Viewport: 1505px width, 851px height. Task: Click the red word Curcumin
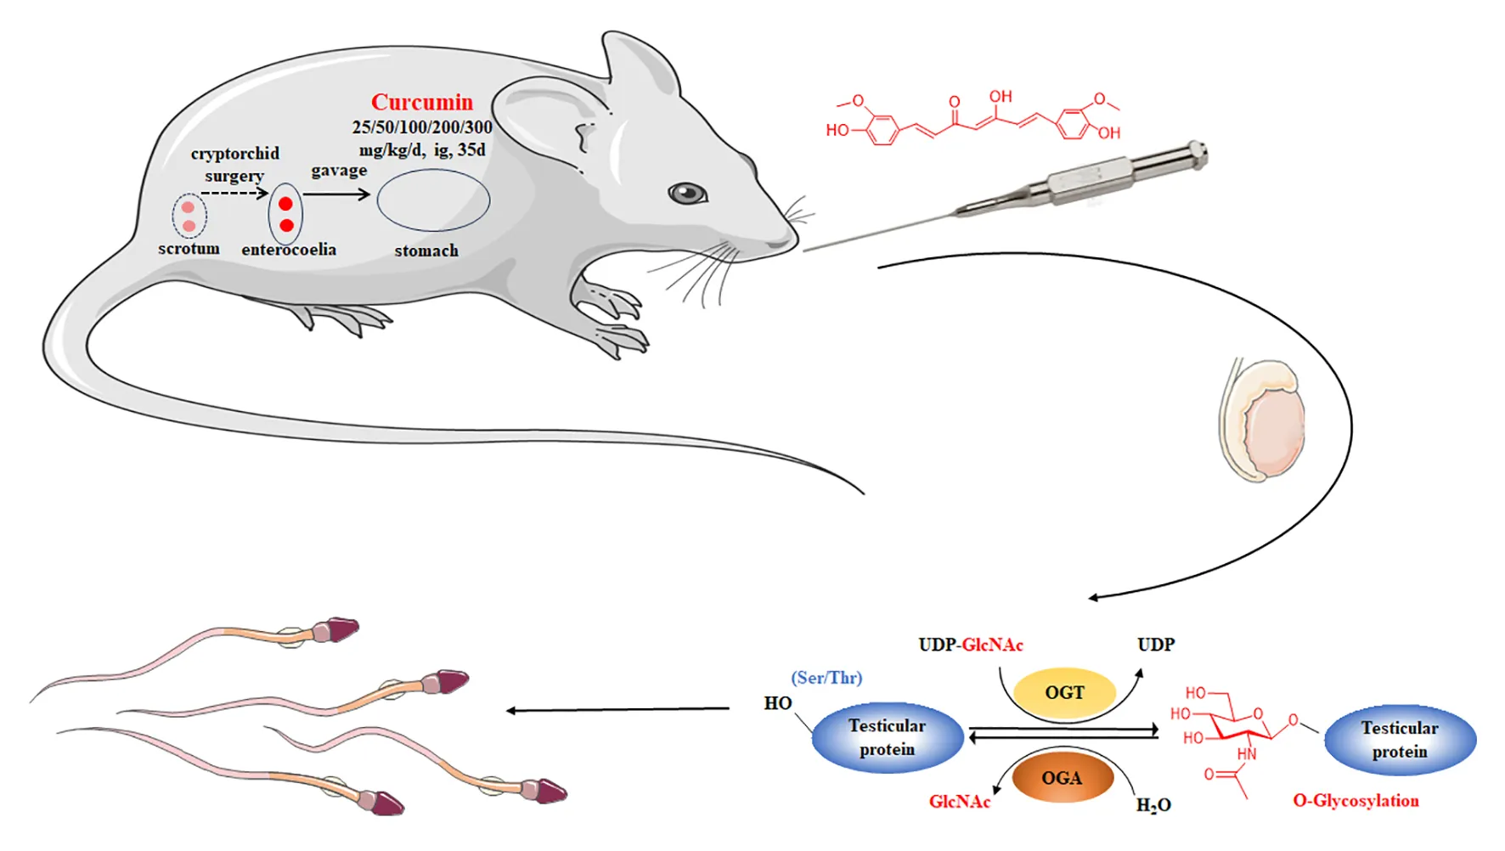point(422,103)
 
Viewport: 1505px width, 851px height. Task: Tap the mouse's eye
point(687,194)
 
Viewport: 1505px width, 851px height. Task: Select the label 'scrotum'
point(189,249)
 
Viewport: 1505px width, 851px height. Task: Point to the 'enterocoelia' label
point(289,250)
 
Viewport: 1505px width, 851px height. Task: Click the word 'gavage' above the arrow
point(339,171)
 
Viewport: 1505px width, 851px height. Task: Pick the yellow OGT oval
point(1064,693)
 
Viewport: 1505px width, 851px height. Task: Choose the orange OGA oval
point(1062,778)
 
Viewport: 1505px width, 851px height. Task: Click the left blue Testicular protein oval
point(887,737)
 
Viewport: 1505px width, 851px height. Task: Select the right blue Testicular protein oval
point(1400,740)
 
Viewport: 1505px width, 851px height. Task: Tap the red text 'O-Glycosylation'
point(1356,801)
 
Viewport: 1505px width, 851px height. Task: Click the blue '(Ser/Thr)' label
point(826,678)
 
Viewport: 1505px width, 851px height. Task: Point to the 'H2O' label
point(1153,805)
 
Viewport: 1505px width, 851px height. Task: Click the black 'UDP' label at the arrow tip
point(1156,645)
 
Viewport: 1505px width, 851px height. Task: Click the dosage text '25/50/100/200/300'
point(422,127)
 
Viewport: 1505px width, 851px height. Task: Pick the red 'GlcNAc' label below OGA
point(960,802)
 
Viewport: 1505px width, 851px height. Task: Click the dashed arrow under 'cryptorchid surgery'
point(234,194)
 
